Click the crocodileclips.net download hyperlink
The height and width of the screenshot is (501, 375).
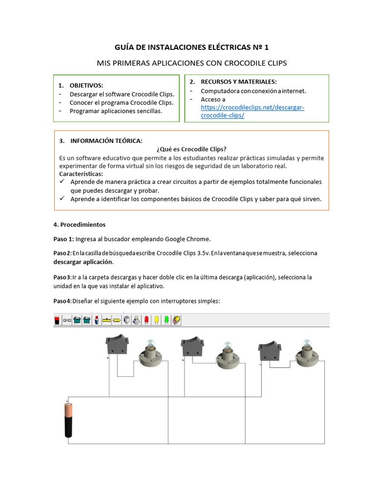[x=252, y=111]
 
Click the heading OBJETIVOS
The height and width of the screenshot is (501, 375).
[x=86, y=85]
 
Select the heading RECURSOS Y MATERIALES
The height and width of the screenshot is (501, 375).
[x=238, y=82]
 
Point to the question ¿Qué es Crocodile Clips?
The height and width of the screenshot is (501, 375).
[x=191, y=149]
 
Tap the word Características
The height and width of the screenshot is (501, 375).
[x=81, y=174]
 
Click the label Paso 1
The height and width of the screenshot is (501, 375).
[x=63, y=239]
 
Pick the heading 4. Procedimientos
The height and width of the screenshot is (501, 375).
[x=79, y=225]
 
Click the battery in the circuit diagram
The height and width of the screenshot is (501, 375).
[x=69, y=420]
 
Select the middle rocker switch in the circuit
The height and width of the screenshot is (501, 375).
[x=191, y=347]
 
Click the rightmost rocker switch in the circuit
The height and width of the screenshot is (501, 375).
[x=269, y=350]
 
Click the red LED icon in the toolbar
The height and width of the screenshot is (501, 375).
[x=146, y=320]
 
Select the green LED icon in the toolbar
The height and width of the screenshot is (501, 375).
[x=167, y=320]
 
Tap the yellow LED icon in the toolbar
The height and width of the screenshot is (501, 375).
[x=156, y=320]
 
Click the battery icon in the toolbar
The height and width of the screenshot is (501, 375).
[x=57, y=320]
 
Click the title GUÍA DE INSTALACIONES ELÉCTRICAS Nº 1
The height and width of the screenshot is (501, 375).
[x=191, y=47]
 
